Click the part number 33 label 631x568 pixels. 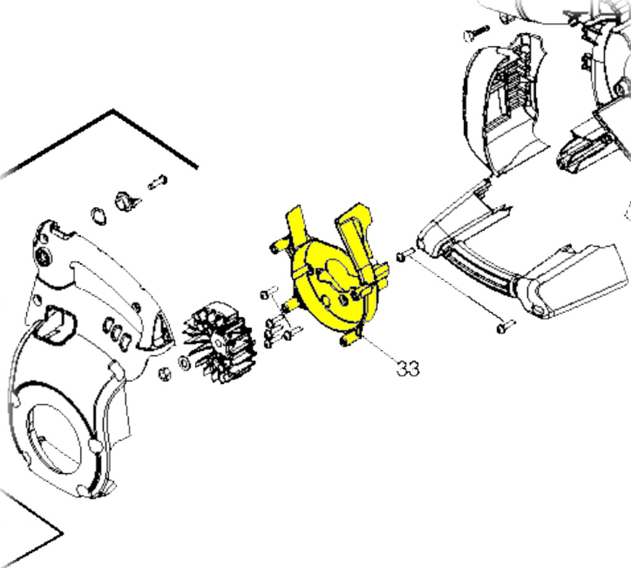pos(408,368)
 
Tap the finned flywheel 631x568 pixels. pos(220,342)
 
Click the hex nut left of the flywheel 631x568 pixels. pos(165,374)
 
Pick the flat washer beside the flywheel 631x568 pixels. pos(184,363)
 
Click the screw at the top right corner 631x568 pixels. pos(476,33)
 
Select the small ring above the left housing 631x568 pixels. pos(99,216)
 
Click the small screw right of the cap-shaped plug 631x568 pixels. pos(158,182)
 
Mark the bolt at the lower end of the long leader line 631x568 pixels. pos(506,327)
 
